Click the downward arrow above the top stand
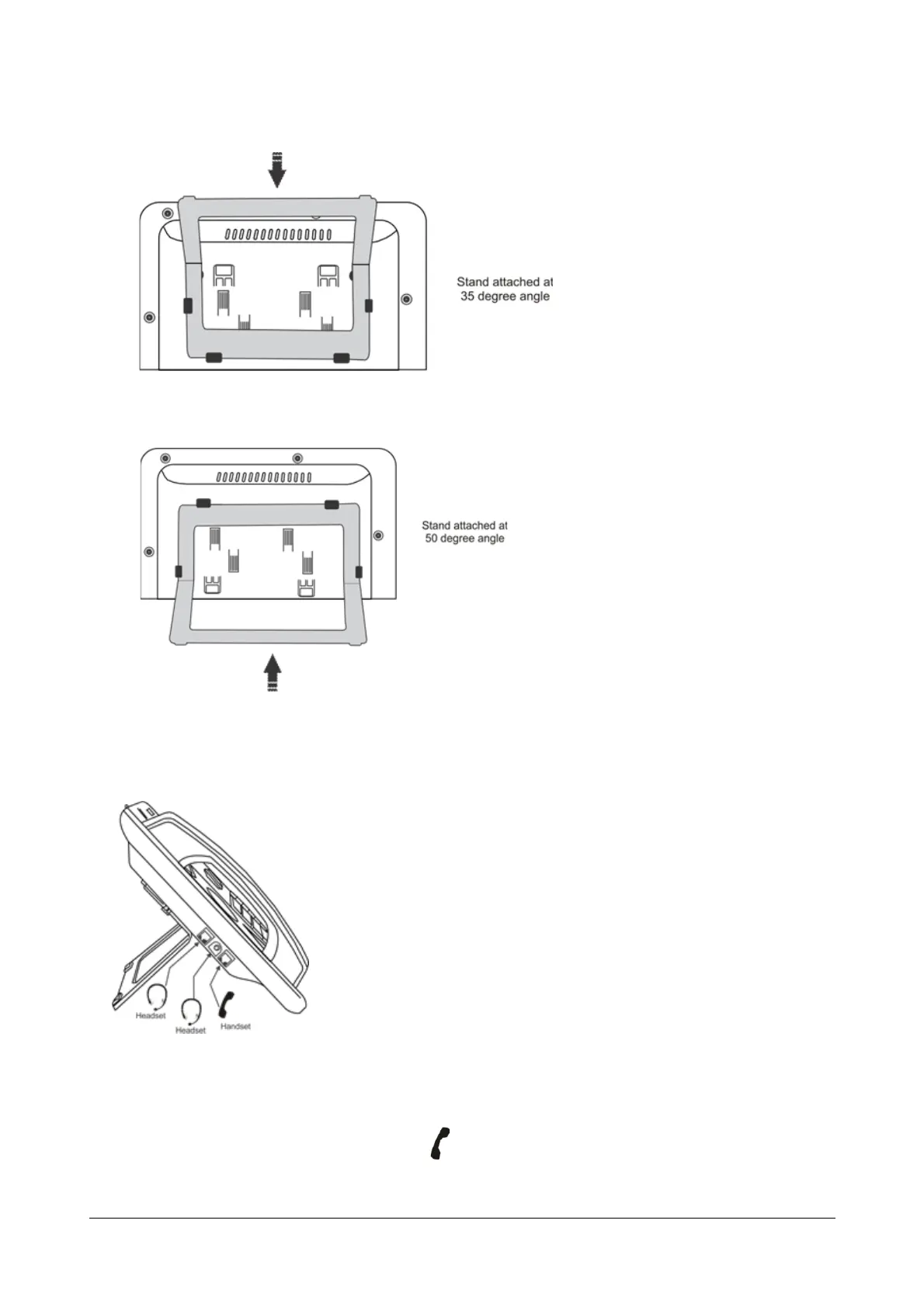pos(276,172)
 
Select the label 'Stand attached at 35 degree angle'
pos(505,289)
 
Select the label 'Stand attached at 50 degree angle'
pos(464,532)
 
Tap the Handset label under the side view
pos(235,1027)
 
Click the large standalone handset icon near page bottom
pos(440,1143)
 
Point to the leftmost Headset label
pos(151,1016)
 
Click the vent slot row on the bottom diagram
pos(264,477)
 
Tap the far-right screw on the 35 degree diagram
pos(405,299)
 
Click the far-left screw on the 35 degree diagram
pos(150,317)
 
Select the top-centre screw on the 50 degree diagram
pos(297,456)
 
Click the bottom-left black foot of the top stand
pos(213,358)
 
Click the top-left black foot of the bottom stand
pos(203,503)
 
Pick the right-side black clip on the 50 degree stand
pos(359,572)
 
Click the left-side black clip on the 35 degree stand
pos(188,305)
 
